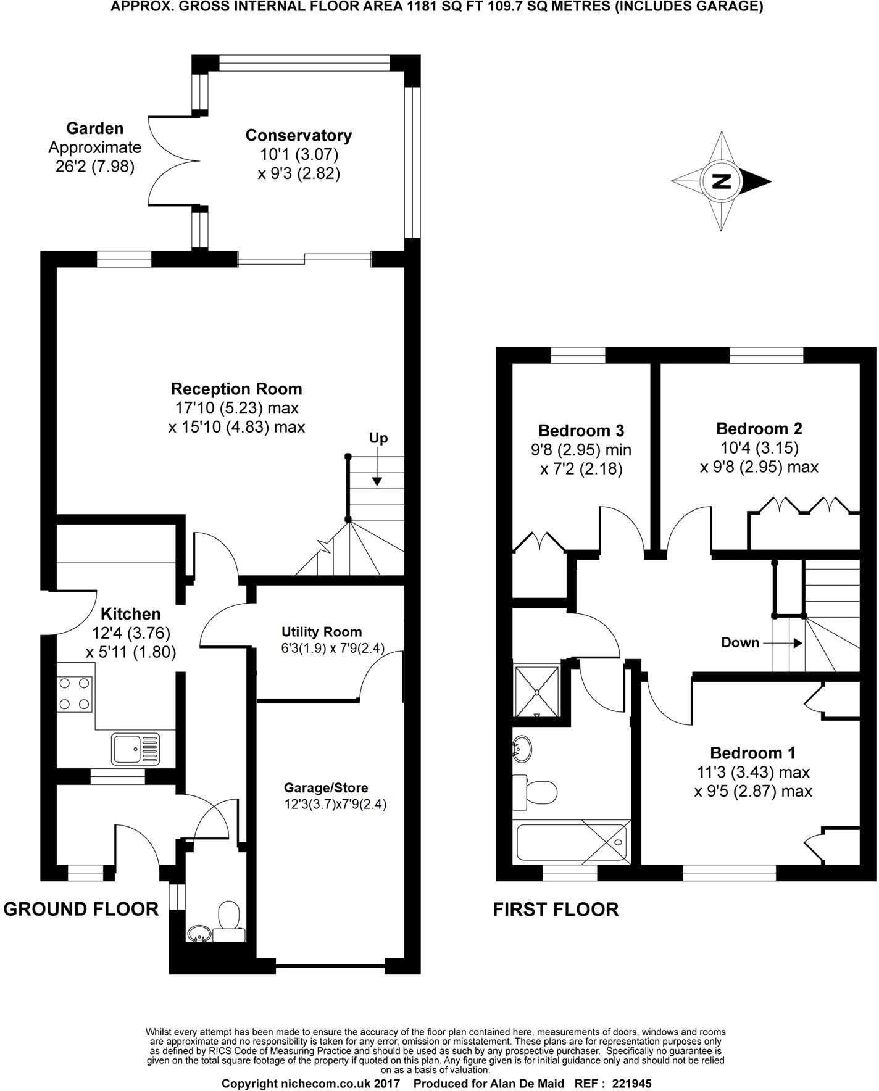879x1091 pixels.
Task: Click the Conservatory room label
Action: click(x=298, y=135)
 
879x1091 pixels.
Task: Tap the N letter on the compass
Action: click(x=721, y=181)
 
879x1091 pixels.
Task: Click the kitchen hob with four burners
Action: click(x=75, y=693)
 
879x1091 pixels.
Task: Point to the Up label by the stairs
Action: click(x=378, y=438)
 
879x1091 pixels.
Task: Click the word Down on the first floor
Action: click(x=739, y=642)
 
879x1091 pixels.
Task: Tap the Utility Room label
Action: click(x=322, y=632)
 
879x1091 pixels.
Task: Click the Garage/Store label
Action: click(x=326, y=788)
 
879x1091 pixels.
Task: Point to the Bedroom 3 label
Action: click(x=581, y=430)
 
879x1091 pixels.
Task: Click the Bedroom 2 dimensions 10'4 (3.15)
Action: click(x=759, y=447)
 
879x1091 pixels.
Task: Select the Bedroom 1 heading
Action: click(x=752, y=753)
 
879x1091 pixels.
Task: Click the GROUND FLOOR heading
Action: click(x=81, y=909)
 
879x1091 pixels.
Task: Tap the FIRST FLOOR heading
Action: click(x=555, y=910)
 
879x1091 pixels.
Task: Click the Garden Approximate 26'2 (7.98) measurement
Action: click(x=94, y=167)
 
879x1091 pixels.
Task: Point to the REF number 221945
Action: click(x=631, y=1084)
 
